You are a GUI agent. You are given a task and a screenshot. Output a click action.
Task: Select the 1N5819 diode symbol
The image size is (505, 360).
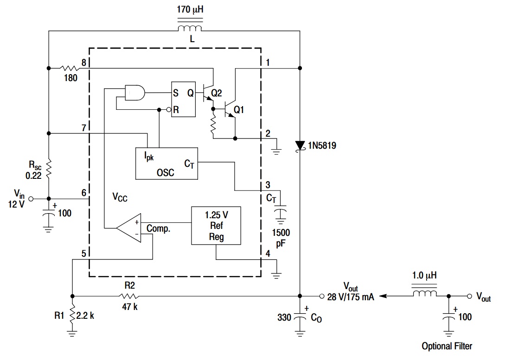tap(300, 145)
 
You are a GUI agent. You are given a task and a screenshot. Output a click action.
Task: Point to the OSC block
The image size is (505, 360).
tap(166, 164)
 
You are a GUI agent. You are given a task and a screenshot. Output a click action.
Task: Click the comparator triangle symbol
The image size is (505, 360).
tap(130, 228)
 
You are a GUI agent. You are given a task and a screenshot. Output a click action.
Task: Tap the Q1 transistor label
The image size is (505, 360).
tap(239, 110)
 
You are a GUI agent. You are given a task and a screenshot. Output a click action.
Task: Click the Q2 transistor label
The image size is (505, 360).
tap(217, 93)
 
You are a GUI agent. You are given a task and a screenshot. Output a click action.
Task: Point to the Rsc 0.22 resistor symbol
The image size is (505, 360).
tap(49, 169)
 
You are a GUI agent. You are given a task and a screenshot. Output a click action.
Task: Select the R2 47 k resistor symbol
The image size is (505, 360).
tap(128, 296)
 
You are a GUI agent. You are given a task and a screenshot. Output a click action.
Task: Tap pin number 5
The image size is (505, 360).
tap(83, 253)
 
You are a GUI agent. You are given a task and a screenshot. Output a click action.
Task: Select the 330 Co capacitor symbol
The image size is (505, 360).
tap(300, 317)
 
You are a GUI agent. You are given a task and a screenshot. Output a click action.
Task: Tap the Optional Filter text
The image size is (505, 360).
tap(447, 346)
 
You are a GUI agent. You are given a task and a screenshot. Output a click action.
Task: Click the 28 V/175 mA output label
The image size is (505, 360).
tap(351, 297)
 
